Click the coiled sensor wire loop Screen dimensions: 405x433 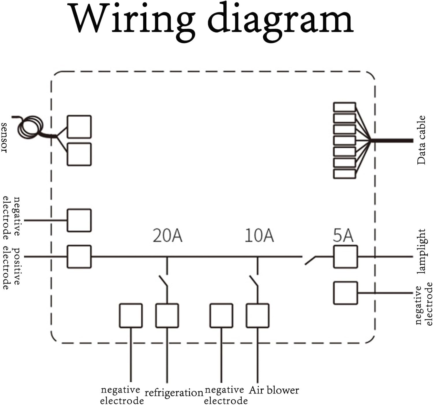[30, 127]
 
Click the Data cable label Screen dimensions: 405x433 [421, 140]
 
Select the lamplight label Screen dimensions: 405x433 [421, 251]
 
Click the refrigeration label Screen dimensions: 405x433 [174, 393]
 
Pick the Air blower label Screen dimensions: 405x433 [274, 390]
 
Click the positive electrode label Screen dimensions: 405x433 [12, 268]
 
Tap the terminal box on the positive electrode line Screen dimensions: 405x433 [79, 257]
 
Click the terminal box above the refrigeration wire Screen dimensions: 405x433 [167, 315]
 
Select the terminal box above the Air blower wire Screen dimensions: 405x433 [257, 315]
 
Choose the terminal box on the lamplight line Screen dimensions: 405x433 [345, 257]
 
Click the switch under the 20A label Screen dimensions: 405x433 [164, 281]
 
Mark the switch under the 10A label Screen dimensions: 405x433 [254, 281]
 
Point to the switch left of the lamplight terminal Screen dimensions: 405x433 [311, 260]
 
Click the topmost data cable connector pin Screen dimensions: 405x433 [344, 107]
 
